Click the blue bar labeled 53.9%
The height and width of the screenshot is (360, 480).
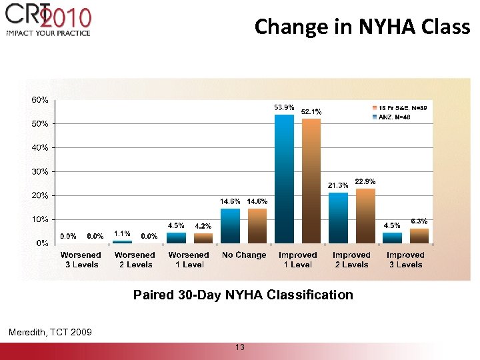pos(285,179)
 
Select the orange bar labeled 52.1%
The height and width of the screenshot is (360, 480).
pos(311,181)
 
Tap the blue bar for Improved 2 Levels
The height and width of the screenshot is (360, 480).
pos(338,217)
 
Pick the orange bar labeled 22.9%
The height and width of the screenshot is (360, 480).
pos(365,215)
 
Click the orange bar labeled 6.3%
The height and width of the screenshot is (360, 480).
pos(419,236)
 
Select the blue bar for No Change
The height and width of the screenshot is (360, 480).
pos(230,226)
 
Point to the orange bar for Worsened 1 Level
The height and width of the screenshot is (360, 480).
pos(203,238)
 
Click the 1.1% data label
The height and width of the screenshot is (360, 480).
pos(121,233)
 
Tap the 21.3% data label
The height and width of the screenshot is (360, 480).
pos(338,185)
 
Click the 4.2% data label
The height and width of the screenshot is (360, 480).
pos(203,226)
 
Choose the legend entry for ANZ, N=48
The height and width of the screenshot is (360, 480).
pos(394,117)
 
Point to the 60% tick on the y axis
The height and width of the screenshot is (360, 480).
pos(39,99)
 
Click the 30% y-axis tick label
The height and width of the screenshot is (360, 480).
pos(39,171)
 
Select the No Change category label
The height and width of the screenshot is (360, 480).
pos(243,255)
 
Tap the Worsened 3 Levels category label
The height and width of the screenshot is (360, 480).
pos(81,260)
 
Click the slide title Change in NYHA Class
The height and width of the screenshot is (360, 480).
pos(362,27)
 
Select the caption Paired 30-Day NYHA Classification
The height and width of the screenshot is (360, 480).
pos(243,295)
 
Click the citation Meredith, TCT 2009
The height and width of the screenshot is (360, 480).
pos(50,332)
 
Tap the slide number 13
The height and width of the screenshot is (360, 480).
pos(240,347)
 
